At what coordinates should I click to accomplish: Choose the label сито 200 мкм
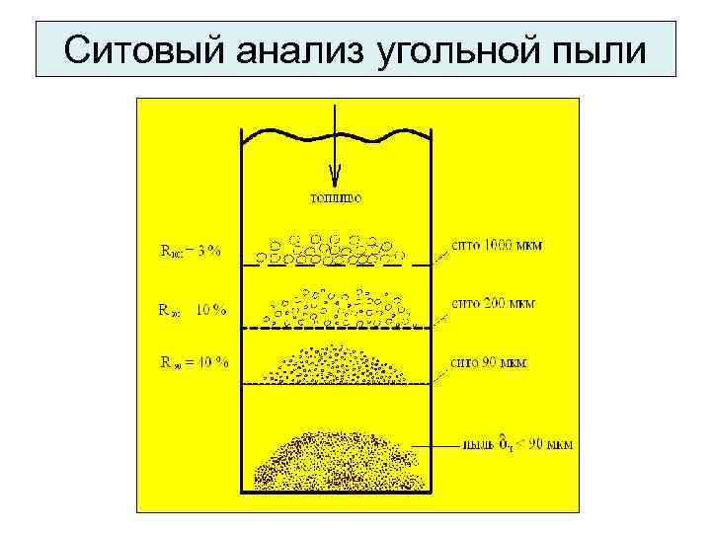point(493,304)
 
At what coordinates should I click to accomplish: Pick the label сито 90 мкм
point(489,362)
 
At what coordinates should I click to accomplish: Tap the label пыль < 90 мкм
point(517,444)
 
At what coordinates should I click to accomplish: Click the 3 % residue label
point(192,251)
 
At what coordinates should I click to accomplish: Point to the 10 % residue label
point(193,310)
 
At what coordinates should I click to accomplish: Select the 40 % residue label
point(195,362)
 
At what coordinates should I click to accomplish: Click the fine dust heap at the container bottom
point(336,459)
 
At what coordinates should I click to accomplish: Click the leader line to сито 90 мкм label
point(425,373)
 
